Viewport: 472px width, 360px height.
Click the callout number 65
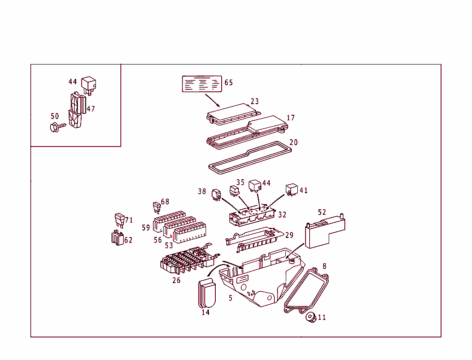click(229, 83)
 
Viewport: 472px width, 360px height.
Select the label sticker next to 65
click(202, 84)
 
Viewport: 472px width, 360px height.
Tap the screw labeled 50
click(55, 126)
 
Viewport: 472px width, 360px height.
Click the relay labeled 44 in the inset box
click(88, 85)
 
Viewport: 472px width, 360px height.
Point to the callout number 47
click(91, 109)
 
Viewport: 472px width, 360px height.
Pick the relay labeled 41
click(291, 189)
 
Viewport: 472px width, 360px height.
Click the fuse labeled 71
click(120, 219)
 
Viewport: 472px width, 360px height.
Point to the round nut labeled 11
click(310, 318)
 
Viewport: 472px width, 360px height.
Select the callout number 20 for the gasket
click(294, 142)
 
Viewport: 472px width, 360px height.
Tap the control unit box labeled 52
click(323, 234)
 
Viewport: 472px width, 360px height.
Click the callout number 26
click(177, 280)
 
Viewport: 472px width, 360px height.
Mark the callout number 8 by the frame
click(324, 266)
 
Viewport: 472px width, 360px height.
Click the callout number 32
click(282, 215)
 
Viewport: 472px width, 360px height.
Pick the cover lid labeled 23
click(233, 113)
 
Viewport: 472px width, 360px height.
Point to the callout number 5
click(230, 298)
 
